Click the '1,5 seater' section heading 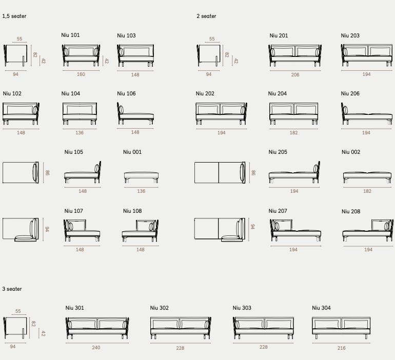tap(14, 16)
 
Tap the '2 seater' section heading tap(206, 16)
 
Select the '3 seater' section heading tap(12, 289)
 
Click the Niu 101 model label tap(70, 35)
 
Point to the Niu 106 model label tap(126, 94)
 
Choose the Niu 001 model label tap(132, 152)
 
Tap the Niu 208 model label tap(351, 211)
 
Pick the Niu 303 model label tap(242, 308)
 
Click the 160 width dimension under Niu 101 tap(81, 75)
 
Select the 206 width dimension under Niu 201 tap(295, 75)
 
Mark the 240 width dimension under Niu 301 tap(96, 348)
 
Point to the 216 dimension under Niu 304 tap(342, 348)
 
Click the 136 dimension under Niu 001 tap(141, 191)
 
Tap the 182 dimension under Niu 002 tap(367, 191)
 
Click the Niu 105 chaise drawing tap(82, 173)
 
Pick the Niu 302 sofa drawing tap(180, 328)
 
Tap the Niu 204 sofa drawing tap(294, 113)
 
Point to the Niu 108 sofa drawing tap(140, 231)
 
